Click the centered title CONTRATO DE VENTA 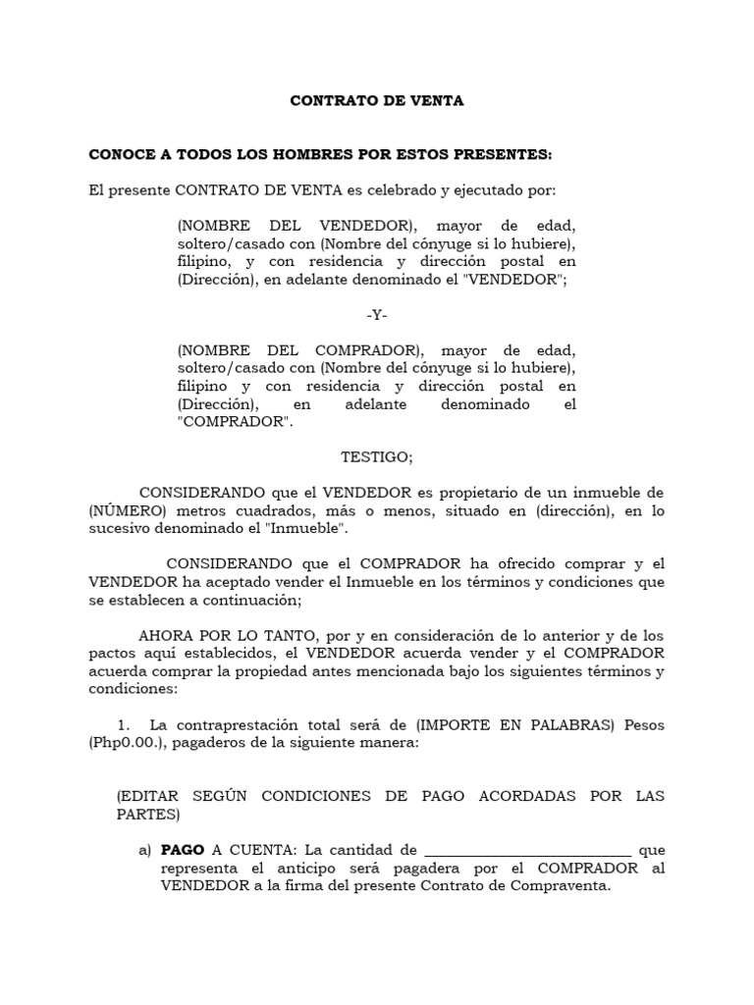pyautogui.click(x=376, y=100)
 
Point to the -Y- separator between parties pyautogui.click(x=376, y=316)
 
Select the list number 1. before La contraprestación pyautogui.click(x=124, y=725)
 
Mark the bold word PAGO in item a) pyautogui.click(x=183, y=850)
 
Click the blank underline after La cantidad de pyautogui.click(x=527, y=851)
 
